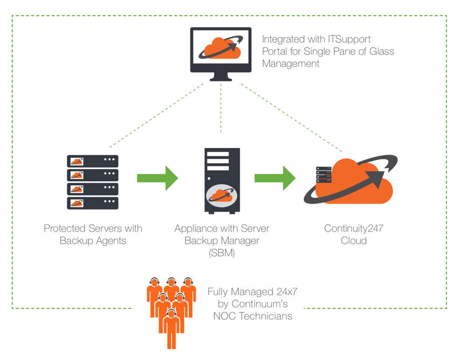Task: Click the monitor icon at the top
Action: [x=221, y=54]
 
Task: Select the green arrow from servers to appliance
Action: [x=157, y=178]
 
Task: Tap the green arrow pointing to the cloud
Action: [x=275, y=178]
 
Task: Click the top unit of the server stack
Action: [x=93, y=161]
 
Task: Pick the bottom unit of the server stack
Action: [x=93, y=203]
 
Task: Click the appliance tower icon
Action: [x=222, y=181]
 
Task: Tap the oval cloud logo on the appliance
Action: [x=222, y=196]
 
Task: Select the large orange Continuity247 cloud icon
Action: [x=351, y=180]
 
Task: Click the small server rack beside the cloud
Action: [x=324, y=175]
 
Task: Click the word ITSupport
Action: [x=349, y=39]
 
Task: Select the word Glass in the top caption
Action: [x=382, y=51]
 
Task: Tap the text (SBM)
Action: [x=222, y=253]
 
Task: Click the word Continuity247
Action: [x=354, y=228]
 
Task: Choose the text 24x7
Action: [x=287, y=292]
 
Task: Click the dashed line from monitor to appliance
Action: [x=221, y=108]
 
